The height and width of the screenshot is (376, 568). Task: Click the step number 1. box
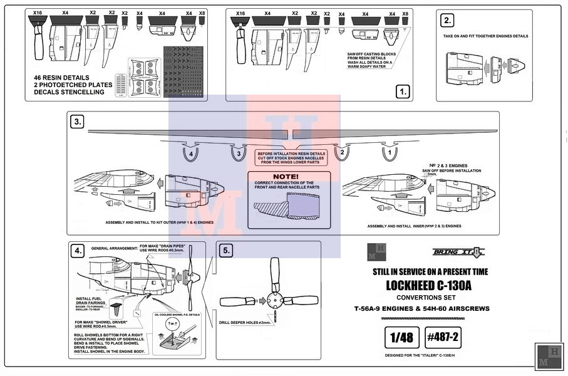[402, 92]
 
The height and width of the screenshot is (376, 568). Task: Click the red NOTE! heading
[286, 177]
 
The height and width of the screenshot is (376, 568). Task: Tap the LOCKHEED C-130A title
[429, 286]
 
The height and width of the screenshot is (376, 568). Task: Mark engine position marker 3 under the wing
[237, 154]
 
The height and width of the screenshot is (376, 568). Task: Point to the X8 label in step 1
[405, 13]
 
